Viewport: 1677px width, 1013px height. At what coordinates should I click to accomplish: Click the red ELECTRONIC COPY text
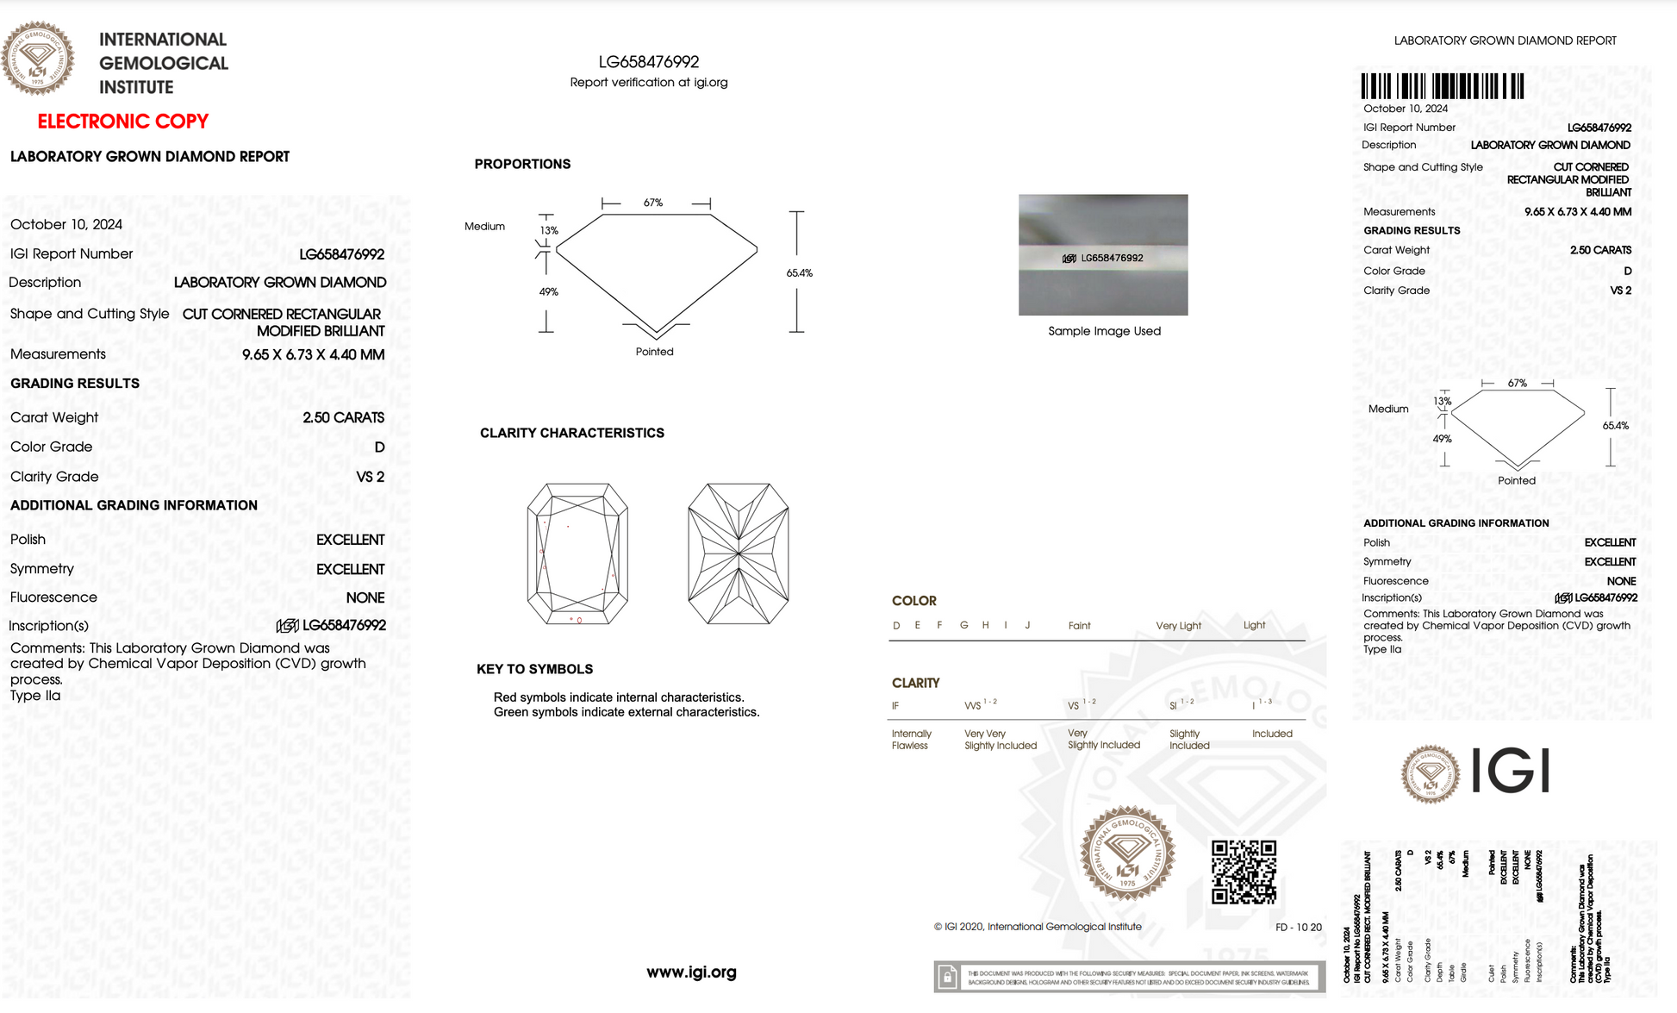[x=122, y=122]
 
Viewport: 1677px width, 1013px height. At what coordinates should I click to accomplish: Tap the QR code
[x=1244, y=872]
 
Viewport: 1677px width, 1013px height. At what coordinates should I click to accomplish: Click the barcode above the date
[x=1442, y=86]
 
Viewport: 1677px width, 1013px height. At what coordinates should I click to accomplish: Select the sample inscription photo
[x=1103, y=254]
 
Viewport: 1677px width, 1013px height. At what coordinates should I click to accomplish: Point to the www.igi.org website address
[x=691, y=972]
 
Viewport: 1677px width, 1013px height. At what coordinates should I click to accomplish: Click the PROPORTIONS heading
[x=522, y=164]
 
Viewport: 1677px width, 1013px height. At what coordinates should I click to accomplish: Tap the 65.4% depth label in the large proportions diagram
[x=799, y=273]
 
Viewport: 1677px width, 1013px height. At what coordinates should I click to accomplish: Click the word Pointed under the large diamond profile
[x=654, y=352]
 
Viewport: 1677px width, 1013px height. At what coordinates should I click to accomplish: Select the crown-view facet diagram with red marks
[x=577, y=553]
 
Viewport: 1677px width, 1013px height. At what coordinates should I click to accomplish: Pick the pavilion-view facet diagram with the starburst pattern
[x=739, y=553]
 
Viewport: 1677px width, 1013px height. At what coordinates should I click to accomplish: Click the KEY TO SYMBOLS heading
[x=534, y=669]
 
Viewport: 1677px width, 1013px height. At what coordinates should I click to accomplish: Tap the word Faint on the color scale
[x=1079, y=626]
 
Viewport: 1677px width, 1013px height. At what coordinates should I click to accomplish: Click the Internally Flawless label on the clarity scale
[x=911, y=740]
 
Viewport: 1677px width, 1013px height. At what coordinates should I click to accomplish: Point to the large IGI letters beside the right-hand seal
[x=1511, y=770]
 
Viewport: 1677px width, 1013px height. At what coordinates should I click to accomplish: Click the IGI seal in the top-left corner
[x=37, y=58]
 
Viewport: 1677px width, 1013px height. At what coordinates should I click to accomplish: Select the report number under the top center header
[x=649, y=62]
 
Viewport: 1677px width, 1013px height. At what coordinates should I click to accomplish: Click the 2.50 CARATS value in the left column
[x=343, y=417]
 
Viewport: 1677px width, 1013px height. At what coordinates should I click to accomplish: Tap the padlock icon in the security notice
[x=947, y=977]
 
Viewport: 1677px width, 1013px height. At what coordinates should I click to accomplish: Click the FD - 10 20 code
[x=1298, y=928]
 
